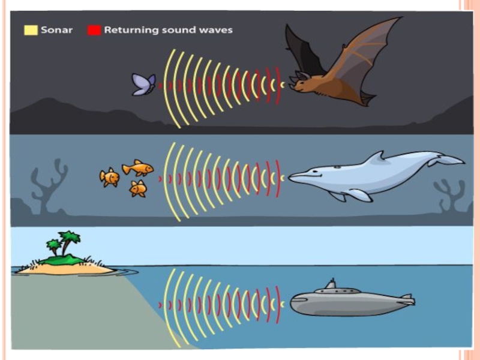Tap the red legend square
[94, 29]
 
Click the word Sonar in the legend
[56, 29]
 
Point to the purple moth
[144, 85]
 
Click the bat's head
[303, 82]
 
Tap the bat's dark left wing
[303, 51]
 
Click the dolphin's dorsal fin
[376, 157]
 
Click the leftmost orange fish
[109, 177]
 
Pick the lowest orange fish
[138, 188]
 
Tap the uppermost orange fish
[137, 167]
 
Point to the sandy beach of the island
[66, 269]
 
